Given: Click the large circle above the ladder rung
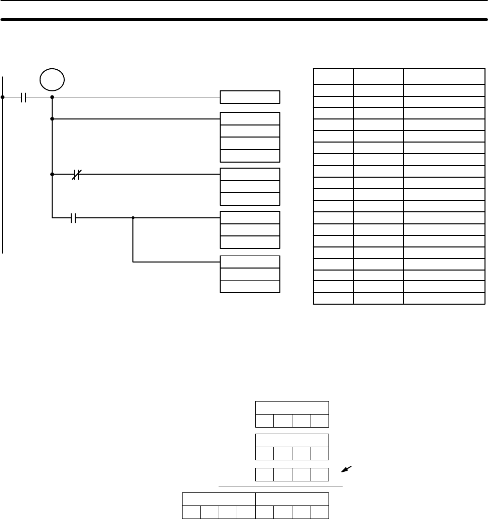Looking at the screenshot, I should pos(52,80).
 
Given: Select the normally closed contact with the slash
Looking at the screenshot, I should pos(77,175).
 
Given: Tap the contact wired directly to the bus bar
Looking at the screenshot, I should pos(24,97).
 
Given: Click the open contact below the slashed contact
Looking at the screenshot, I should pos(73,218).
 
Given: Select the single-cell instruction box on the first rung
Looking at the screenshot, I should pos(250,97).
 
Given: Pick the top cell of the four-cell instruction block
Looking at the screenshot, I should pos(250,119).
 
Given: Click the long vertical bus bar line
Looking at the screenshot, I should pos(3,166).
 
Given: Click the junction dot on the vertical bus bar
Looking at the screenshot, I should pos(3,97).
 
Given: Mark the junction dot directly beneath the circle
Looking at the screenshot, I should pos(52,97).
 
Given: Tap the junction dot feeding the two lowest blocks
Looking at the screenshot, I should pos(133,218).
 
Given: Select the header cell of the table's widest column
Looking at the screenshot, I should pos(444,76).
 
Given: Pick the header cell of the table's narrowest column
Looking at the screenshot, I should pos(333,76).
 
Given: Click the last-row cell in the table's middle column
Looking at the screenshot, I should pos(379,299).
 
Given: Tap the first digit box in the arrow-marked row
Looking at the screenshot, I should pos(265,474).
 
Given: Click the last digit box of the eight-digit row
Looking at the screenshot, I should pos(319,512).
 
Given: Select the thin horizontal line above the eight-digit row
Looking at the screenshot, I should pos(281,486).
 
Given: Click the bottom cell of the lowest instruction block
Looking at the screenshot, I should pos(250,286).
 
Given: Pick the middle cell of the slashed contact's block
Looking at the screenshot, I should pos(250,187).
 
